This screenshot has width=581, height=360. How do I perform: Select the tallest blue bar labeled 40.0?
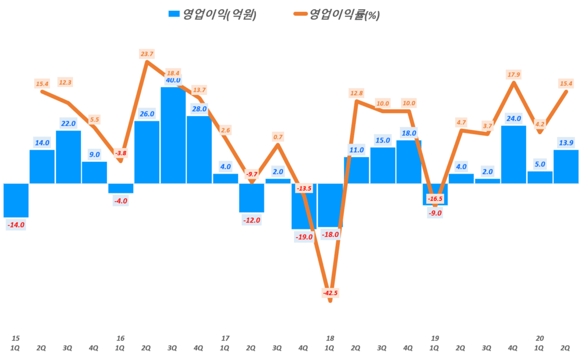tap(172, 135)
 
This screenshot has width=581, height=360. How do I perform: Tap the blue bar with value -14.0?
tap(15, 200)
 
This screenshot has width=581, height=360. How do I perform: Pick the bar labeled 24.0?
tap(513, 154)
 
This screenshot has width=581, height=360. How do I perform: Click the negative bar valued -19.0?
tap(304, 206)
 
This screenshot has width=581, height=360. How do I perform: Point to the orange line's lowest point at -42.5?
tap(330, 300)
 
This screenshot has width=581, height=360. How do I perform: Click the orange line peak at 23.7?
tap(147, 61)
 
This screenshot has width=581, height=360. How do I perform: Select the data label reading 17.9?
tap(513, 74)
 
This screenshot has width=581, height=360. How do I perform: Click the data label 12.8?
tap(356, 93)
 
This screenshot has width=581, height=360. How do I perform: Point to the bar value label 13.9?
tap(565, 142)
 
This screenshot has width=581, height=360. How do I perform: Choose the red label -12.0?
tap(251, 220)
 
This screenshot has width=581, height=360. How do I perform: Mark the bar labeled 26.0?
tap(146, 152)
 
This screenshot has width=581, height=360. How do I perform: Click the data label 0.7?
tap(278, 137)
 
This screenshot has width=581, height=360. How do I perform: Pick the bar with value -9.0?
tap(435, 194)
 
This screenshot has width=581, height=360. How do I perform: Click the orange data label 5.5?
tap(95, 119)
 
